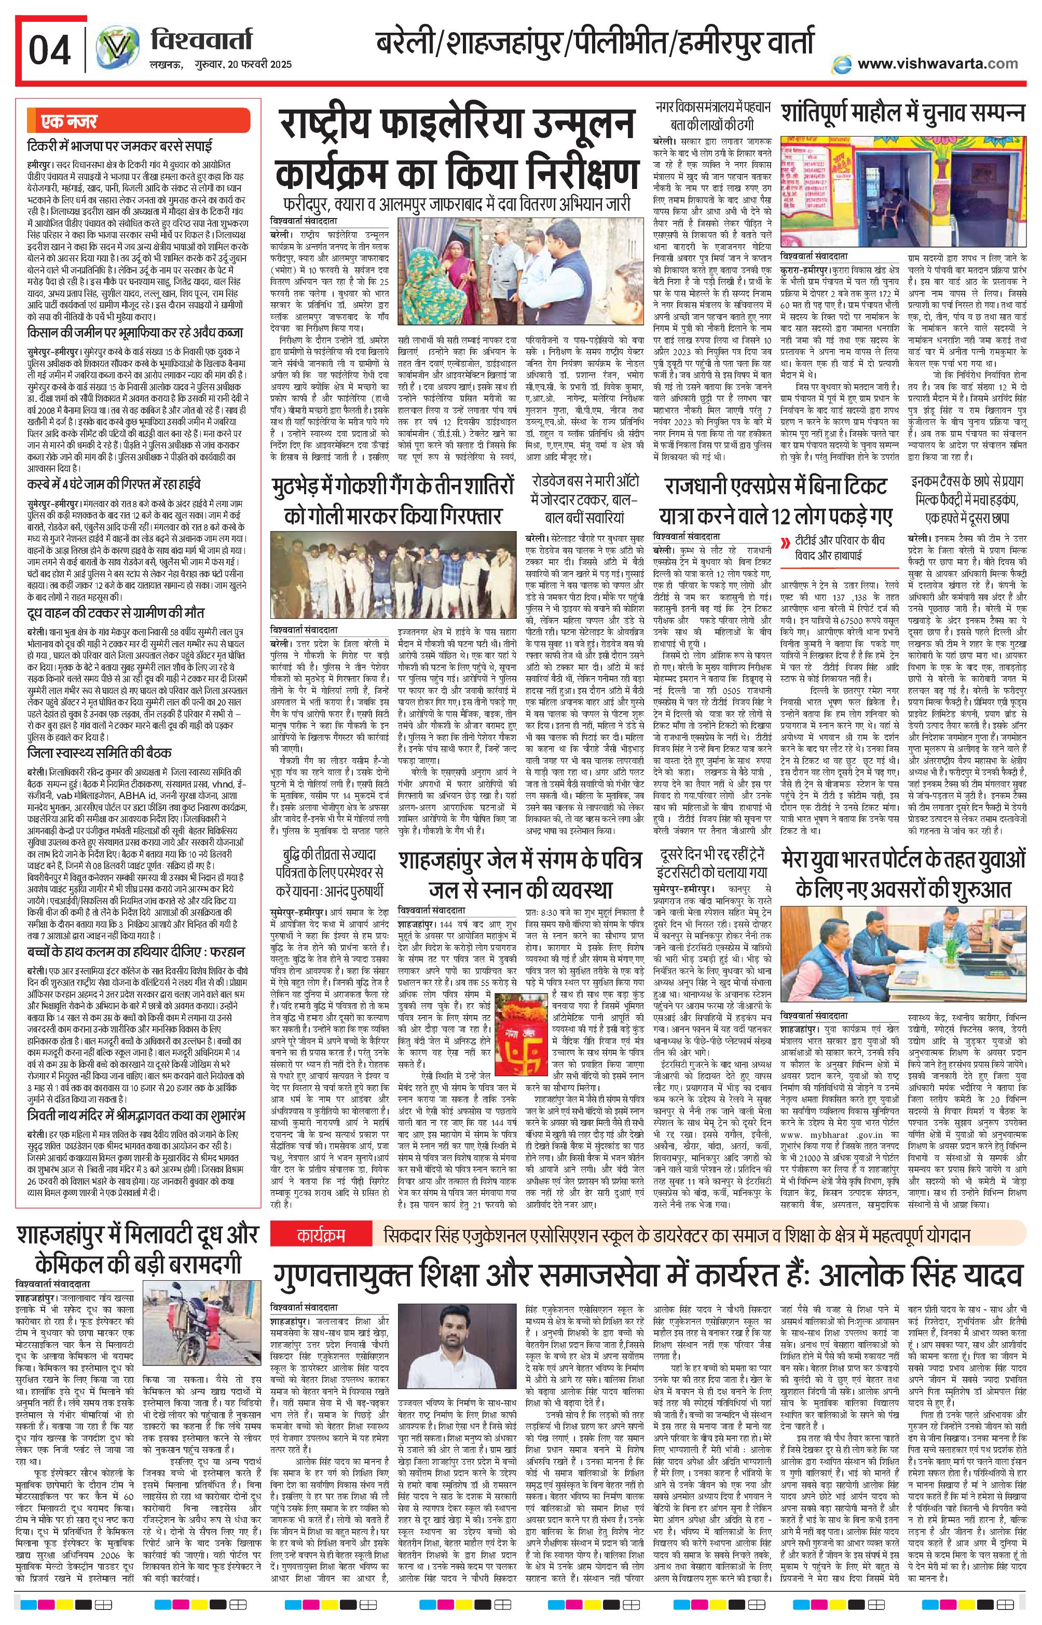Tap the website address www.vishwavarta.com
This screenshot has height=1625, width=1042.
(937, 64)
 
